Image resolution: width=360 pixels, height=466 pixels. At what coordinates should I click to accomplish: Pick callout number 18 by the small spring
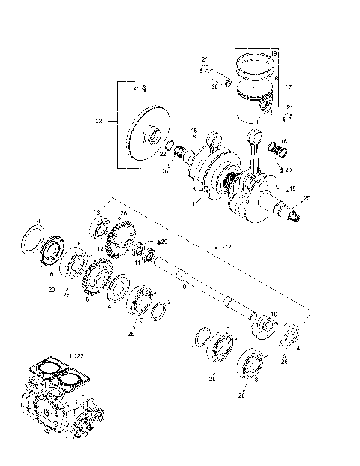pyautogui.click(x=283, y=141)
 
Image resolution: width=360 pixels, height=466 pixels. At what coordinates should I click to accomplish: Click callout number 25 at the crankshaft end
pyautogui.click(x=306, y=199)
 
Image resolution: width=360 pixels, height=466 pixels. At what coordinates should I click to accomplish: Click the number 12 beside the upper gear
pyautogui.click(x=100, y=248)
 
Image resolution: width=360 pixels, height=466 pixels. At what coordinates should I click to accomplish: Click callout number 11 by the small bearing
pyautogui.click(x=137, y=263)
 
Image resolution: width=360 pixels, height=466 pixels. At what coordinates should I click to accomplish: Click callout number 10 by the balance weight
pyautogui.click(x=274, y=314)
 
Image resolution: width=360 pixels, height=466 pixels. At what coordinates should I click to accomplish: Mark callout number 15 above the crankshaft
pyautogui.click(x=193, y=129)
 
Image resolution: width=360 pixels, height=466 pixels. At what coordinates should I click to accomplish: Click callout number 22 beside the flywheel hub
pyautogui.click(x=162, y=153)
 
